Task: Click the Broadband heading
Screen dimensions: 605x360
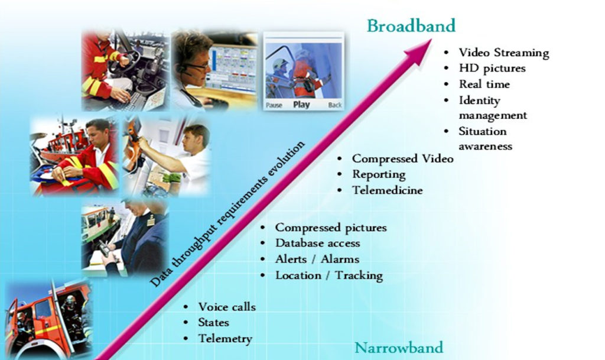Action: coord(411,26)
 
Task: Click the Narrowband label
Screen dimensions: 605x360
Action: coord(399,348)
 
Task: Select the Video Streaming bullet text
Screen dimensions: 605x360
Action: coord(504,53)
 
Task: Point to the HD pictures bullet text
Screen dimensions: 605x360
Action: coord(492,69)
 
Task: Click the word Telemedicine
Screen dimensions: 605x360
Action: coord(388,190)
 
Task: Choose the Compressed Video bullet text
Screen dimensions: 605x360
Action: coord(403,158)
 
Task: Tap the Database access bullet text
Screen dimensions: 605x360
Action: coord(317,243)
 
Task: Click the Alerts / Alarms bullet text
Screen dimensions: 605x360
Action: coord(317,259)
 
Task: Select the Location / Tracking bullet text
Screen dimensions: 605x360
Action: coord(329,275)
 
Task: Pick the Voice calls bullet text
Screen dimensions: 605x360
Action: coord(227,307)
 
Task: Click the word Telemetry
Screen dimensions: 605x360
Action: coord(225,339)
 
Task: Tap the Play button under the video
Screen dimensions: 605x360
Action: coord(301,105)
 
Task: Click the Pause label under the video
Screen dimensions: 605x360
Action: coord(274,105)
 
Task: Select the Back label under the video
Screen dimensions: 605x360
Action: coord(334,105)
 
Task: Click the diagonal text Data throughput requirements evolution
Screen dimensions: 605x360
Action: coord(227,214)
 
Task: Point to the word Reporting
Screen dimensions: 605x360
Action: coord(379,174)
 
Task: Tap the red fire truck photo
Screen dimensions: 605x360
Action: coord(48,319)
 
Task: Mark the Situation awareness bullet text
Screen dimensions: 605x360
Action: coord(486,138)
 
